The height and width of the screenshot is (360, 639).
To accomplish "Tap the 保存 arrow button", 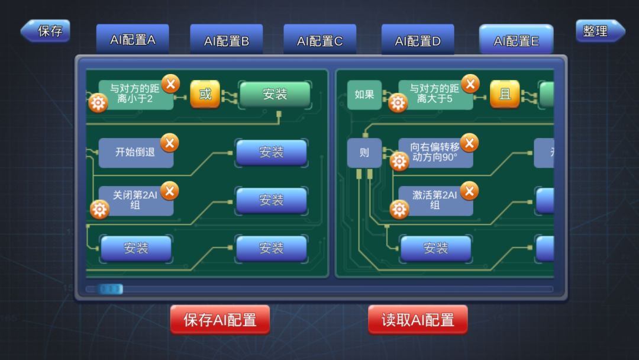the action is coord(45,31).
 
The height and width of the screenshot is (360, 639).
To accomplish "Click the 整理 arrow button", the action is coord(600,31).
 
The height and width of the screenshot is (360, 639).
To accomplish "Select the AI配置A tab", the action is coord(133,40).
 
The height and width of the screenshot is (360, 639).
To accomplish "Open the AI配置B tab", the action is coord(226,40).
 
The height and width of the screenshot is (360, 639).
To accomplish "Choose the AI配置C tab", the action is coord(320,40).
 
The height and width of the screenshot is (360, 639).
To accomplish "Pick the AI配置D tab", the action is coord(418,40).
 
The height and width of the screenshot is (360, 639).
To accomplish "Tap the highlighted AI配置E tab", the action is coord(516,40).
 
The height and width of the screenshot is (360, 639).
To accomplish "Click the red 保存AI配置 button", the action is coord(220,320).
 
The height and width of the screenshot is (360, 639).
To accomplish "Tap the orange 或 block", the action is coord(205,94).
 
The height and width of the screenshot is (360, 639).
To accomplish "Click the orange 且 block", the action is coord(505,94).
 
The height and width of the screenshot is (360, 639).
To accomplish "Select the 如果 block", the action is coord(364,95).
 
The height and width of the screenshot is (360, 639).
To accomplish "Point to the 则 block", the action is coord(364,153).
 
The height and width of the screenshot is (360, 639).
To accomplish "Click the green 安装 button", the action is coord(275,94).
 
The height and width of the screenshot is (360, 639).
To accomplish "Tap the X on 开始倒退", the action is coord(170,143).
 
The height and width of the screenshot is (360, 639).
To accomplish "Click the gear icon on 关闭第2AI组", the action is coord(99,210).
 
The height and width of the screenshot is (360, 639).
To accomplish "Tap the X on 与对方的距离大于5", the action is coord(470,84).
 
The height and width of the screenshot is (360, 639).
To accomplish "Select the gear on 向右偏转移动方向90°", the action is coord(399,162).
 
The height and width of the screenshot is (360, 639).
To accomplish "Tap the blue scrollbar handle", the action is coord(111,289).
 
